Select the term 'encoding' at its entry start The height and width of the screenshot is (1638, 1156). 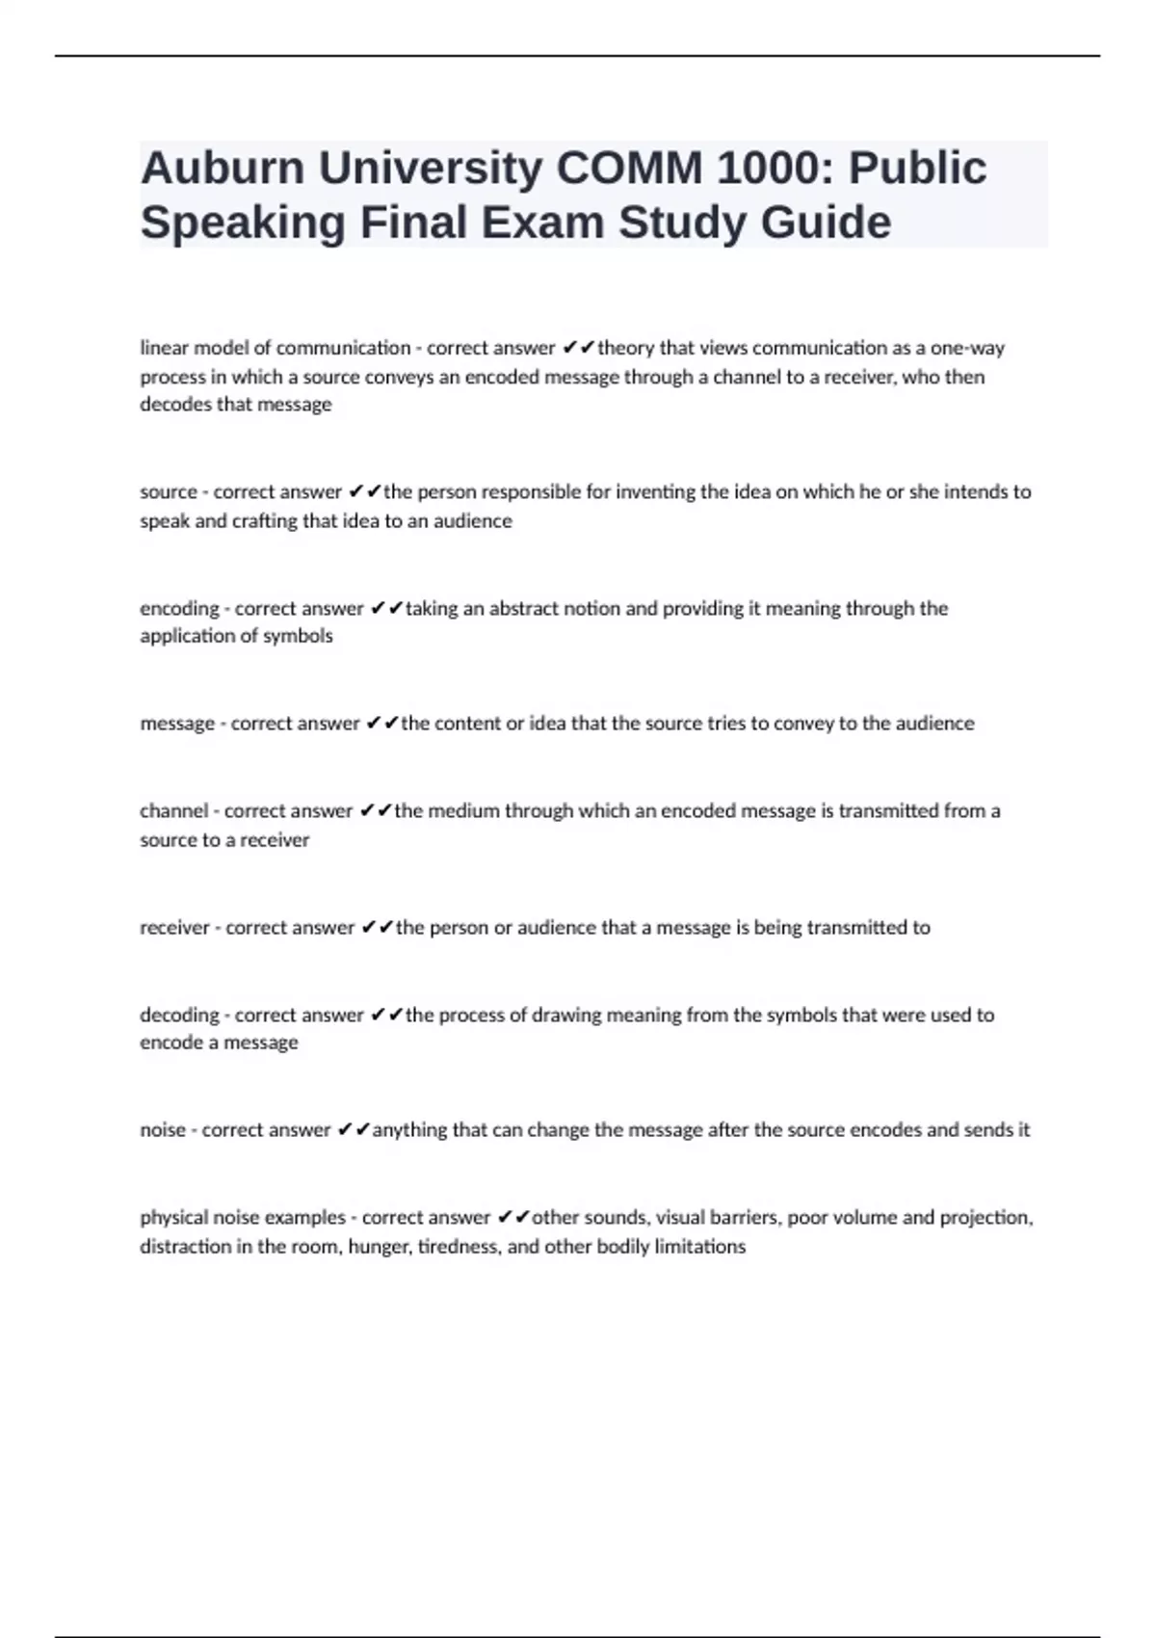(179, 609)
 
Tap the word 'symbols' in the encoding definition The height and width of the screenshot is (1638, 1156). (301, 636)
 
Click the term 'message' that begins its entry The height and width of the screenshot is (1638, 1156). (177, 724)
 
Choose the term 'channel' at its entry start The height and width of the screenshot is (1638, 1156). (173, 811)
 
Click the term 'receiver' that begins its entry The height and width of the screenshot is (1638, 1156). (174, 928)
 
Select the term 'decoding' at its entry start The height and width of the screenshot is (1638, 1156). (179, 1016)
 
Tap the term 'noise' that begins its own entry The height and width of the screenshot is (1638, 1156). (163, 1130)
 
